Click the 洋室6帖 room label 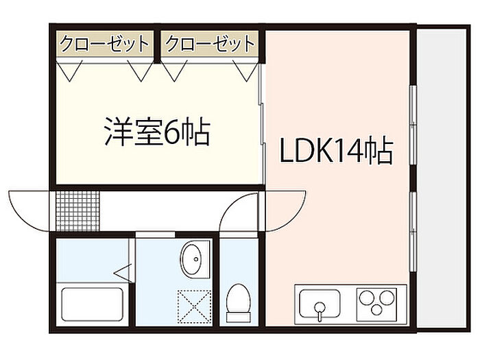point(157,131)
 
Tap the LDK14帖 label point(337,151)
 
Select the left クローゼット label point(104,43)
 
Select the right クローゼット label point(210,43)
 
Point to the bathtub point(93,304)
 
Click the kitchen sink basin point(320,304)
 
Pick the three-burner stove point(377,304)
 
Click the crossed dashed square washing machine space point(195,307)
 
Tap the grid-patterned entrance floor point(77,211)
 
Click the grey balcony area point(442,179)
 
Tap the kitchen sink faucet point(320,311)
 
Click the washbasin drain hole point(196,259)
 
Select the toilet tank point(239,317)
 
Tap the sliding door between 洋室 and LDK point(261,123)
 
